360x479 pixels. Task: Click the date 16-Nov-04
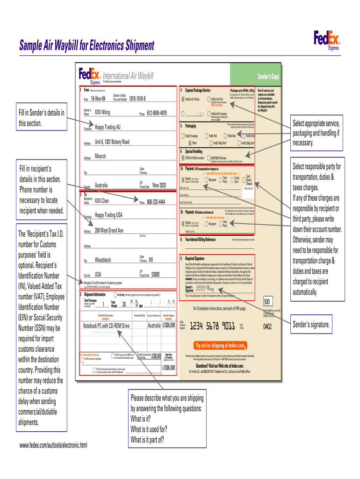click(x=98, y=99)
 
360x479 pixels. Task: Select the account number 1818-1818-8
click(x=134, y=99)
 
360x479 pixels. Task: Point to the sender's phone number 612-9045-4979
click(x=157, y=113)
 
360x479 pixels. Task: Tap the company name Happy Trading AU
click(x=108, y=127)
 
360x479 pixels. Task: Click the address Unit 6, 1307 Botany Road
click(x=112, y=142)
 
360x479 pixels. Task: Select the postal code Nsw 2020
click(x=159, y=185)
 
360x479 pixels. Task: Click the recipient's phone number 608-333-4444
click(x=156, y=202)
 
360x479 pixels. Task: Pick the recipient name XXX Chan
click(x=102, y=201)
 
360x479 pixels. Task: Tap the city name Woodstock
click(x=103, y=259)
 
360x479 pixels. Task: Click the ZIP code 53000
click(x=156, y=274)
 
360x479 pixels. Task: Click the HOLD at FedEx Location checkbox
click(x=183, y=158)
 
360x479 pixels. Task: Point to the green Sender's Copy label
click(x=268, y=77)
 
